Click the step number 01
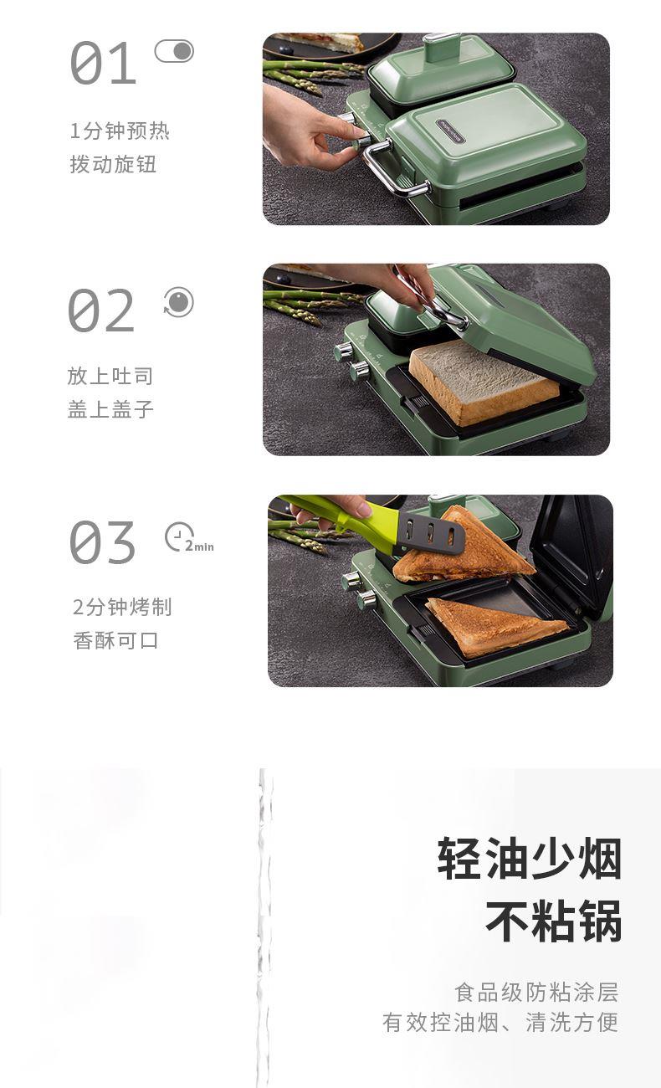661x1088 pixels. coord(103,63)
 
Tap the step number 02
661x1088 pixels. coord(101,310)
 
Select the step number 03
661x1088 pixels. coord(102,542)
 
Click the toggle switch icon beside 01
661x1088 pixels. coord(174,51)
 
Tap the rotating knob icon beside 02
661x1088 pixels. coord(178,301)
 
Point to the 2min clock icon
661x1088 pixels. coord(189,537)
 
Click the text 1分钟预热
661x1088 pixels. coord(120,131)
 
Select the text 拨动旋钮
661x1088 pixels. coord(113,164)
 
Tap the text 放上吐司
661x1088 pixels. coord(110,376)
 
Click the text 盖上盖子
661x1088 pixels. coord(110,409)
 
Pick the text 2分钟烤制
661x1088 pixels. coord(122,607)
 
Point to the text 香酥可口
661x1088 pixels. coord(115,640)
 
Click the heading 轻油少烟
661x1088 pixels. coord(530,859)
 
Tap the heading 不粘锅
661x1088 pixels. coord(554,920)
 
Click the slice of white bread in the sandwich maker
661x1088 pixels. coord(484,382)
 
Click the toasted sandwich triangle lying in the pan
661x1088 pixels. coord(496,627)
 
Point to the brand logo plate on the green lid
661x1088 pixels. coord(450,131)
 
